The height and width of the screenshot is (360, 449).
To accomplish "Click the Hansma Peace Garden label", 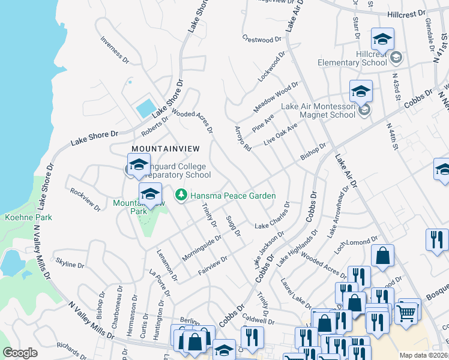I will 233,196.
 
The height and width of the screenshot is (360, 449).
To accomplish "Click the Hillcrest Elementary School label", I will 371,58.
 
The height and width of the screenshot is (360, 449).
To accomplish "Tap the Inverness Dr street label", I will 115,50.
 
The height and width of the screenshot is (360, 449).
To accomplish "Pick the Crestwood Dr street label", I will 262,38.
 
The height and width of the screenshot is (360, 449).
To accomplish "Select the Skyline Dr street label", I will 70,264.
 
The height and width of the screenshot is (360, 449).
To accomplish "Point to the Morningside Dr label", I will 202,247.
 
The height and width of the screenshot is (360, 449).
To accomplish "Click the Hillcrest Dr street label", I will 406,12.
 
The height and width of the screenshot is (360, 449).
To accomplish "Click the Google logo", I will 20,353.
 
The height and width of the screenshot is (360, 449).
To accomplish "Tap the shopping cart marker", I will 406,311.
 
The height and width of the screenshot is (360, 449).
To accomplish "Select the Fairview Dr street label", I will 213,267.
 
